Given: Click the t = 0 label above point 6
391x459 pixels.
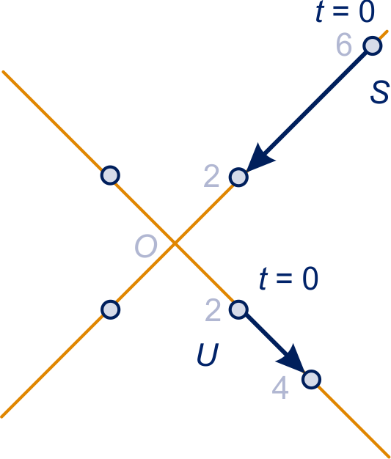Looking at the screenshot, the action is (346, 12).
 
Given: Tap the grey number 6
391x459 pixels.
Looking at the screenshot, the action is (344, 45).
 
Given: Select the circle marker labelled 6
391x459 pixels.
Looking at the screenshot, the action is (373, 45).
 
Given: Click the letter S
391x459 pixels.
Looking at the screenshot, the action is (380, 92).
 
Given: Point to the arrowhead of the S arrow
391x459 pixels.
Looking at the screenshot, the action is (260, 158).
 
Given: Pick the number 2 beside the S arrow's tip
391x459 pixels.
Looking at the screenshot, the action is (211, 176).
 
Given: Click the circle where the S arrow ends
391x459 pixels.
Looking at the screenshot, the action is (238, 177).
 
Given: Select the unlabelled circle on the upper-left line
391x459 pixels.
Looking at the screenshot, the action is (110, 175).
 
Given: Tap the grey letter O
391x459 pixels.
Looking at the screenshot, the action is (146, 246).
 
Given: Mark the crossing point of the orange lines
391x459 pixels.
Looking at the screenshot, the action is (175, 243).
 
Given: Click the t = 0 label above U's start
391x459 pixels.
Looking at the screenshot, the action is (289, 279).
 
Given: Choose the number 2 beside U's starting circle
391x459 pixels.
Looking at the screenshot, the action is (213, 310).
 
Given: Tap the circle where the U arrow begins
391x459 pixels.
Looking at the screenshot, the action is (238, 309).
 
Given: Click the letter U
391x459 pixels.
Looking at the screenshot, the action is (208, 355).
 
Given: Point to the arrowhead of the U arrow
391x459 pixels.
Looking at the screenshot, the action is (290, 359).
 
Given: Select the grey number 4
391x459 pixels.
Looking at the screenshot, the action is (280, 388).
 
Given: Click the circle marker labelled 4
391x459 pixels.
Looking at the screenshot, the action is (311, 380).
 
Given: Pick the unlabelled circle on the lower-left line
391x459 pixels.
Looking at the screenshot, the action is (111, 309).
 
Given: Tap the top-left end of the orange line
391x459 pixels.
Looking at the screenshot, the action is (3, 72).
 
